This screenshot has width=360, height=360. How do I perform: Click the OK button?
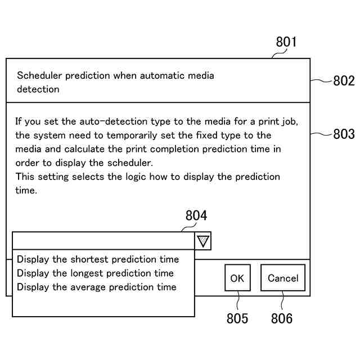pyautogui.click(x=237, y=278)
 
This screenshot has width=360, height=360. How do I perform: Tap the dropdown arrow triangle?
pyautogui.click(x=203, y=242)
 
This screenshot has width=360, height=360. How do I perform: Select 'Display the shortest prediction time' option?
pyautogui.click(x=98, y=260)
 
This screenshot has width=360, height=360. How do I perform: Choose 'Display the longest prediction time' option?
pyautogui.click(x=95, y=273)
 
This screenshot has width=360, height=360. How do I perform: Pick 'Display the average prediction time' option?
pyautogui.click(x=96, y=287)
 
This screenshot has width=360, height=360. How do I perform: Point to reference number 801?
pyautogui.click(x=286, y=42)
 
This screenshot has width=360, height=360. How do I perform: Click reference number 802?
pyautogui.click(x=344, y=81)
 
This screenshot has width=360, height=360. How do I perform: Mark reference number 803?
pyautogui.click(x=344, y=134)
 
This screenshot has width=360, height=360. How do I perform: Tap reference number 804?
pyautogui.click(x=196, y=216)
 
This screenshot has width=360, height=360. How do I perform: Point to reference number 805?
pyautogui.click(x=237, y=318)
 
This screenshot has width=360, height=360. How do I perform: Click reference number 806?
pyautogui.click(x=282, y=318)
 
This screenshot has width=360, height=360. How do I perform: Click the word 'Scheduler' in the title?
pyautogui.click(x=39, y=75)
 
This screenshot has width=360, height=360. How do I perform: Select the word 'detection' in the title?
pyautogui.click(x=38, y=89)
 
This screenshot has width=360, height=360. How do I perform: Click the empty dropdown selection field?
pyautogui.click(x=103, y=241)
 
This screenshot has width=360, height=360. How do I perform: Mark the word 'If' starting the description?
pyautogui.click(x=19, y=121)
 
